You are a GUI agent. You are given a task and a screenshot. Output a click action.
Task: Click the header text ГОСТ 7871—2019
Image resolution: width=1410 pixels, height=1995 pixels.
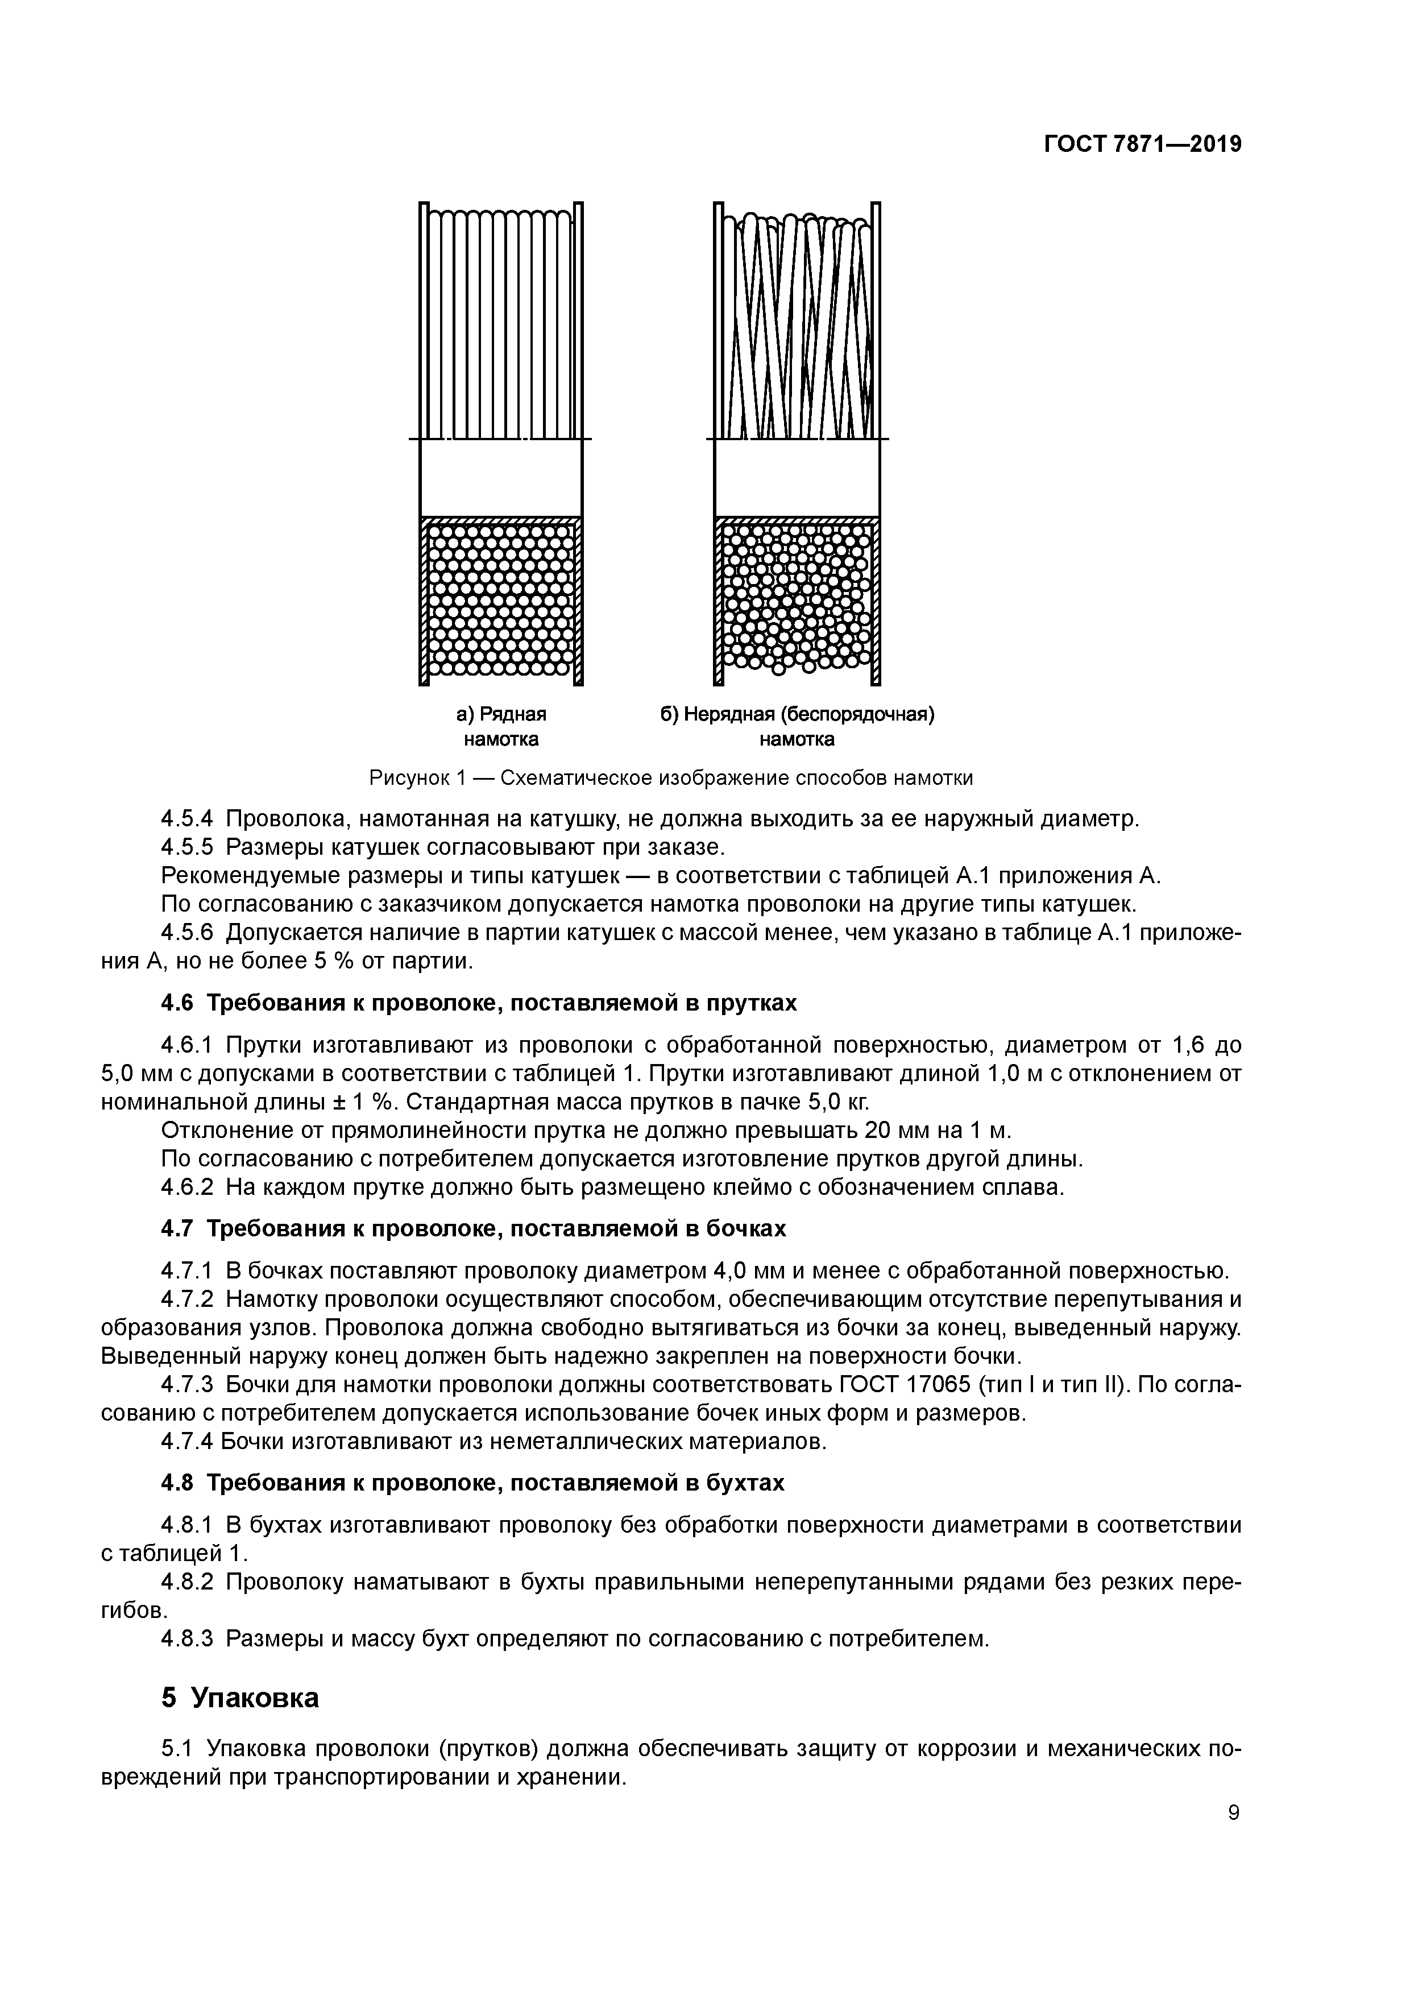1142,144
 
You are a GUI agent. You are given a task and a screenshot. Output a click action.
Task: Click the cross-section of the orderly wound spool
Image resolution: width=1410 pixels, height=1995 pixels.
500,599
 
